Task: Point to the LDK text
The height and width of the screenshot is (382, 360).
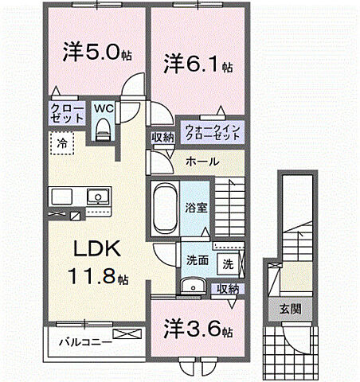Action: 97,250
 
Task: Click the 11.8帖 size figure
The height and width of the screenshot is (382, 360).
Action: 97,278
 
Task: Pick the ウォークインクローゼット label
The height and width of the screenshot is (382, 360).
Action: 211,131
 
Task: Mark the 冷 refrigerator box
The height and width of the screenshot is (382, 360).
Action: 61,143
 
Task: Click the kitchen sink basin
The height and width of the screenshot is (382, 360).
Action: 101,196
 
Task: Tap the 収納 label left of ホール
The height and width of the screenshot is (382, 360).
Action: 163,138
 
